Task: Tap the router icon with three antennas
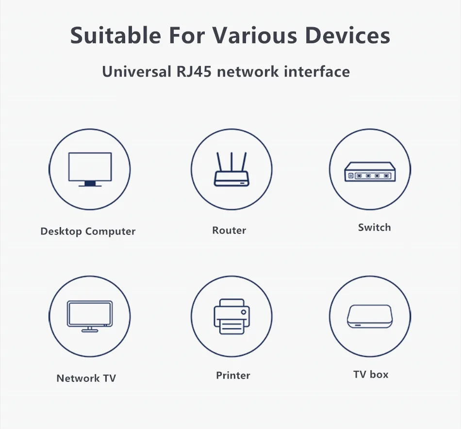pos(231,169)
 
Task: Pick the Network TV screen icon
pos(90,316)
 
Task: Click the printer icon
pos(231,316)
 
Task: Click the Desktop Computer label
pos(88,231)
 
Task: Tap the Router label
pos(229,231)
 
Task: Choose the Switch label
pos(374,228)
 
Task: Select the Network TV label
pos(86,379)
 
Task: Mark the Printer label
pos(233,376)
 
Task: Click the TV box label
pos(371,375)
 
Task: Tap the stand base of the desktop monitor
pos(90,185)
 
